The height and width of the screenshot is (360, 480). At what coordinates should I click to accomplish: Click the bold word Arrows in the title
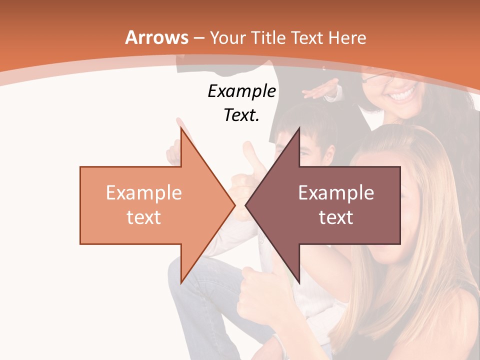157,38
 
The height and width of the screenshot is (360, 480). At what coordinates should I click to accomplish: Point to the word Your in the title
228,38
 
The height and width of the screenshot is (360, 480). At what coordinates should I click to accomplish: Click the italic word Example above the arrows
241,91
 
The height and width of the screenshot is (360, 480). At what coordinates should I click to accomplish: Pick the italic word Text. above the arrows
241,115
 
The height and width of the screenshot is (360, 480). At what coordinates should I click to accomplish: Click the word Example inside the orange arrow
143,193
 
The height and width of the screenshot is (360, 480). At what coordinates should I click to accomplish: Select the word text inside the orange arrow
143,217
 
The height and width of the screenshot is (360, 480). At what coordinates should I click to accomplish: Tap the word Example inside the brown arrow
336,193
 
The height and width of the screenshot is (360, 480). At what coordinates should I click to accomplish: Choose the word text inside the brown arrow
336,217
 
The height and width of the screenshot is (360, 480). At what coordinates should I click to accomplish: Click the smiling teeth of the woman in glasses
402,94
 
